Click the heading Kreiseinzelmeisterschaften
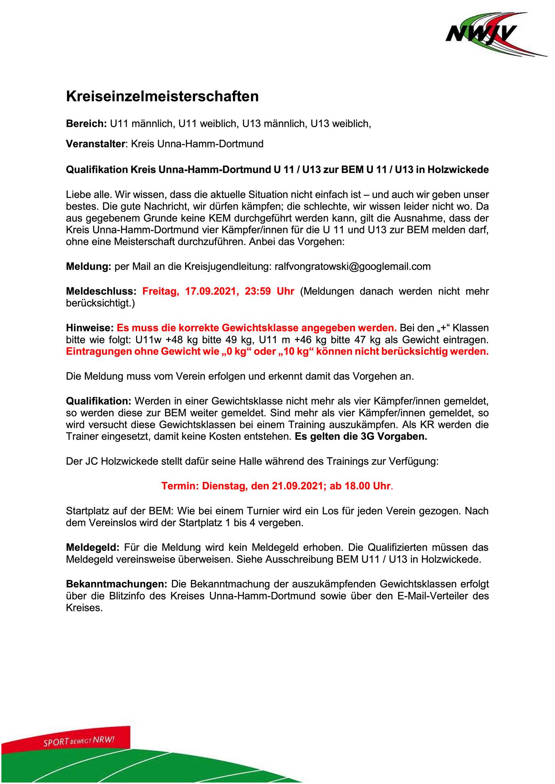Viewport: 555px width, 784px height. point(163,96)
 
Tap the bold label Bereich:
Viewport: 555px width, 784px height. point(87,124)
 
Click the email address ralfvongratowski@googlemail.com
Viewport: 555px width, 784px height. point(353,266)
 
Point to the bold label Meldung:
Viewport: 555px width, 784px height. point(89,266)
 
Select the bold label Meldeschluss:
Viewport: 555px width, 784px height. point(101,291)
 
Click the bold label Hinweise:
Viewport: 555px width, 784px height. point(90,328)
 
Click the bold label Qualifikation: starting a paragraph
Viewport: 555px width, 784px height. point(99,401)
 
